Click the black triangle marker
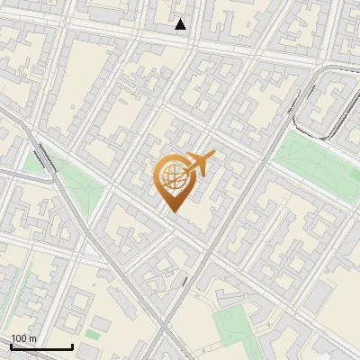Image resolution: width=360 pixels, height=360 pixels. click(181, 24)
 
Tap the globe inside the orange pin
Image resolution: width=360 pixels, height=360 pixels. click(171, 179)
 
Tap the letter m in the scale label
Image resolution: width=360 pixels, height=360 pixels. click(33, 338)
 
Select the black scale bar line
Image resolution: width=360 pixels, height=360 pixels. click(41, 346)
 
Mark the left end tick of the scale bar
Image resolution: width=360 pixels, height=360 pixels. click(11, 345)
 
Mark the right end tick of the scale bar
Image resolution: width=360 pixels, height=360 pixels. click(72, 345)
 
